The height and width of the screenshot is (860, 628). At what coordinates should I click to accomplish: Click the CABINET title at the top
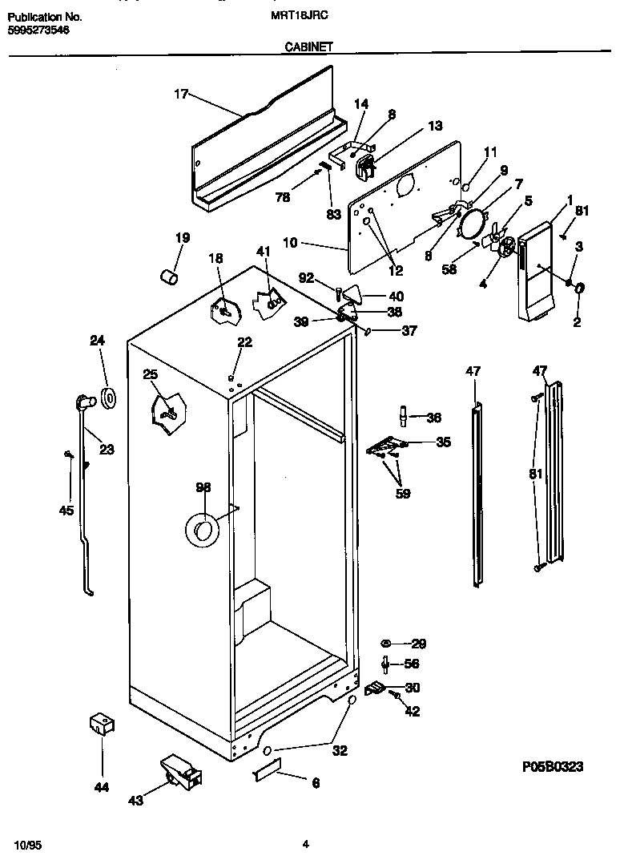coord(308,47)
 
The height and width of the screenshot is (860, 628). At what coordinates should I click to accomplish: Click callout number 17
coord(180,95)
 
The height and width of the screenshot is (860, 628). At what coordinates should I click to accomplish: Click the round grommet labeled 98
coord(201,530)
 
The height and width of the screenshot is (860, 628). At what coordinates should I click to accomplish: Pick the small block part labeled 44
coord(101,725)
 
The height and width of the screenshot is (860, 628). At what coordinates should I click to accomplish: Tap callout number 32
coord(340,751)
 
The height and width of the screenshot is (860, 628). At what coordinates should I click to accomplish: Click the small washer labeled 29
coord(385,644)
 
